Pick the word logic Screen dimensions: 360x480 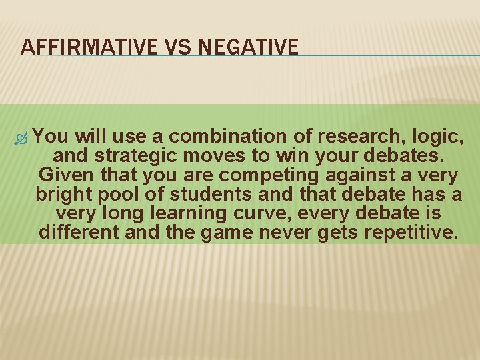tap(435, 137)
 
